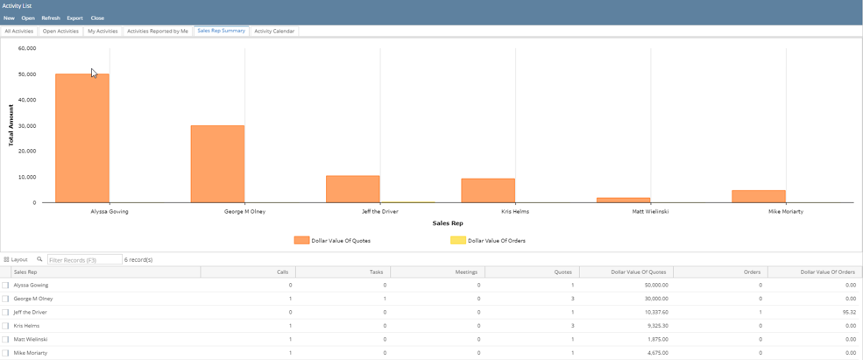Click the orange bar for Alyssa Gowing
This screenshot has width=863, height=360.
(x=82, y=138)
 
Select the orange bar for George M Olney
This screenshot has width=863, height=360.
(x=217, y=164)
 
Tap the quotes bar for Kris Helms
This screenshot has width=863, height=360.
(x=488, y=190)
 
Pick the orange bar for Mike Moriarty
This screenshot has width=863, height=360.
(x=759, y=196)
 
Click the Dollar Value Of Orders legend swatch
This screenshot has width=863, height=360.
(x=458, y=240)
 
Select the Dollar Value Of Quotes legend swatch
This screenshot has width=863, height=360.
(x=301, y=240)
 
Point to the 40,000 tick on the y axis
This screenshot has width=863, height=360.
(x=27, y=100)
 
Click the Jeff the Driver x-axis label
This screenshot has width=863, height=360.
(x=379, y=211)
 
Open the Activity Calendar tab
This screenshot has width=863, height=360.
(x=274, y=32)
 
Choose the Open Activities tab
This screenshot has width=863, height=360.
(x=60, y=32)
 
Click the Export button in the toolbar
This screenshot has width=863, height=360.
(x=74, y=18)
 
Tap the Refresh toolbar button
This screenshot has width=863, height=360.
(x=51, y=18)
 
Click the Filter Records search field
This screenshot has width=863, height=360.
(x=85, y=260)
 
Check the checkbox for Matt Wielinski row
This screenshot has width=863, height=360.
(x=5, y=339)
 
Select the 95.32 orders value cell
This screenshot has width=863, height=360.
(x=813, y=312)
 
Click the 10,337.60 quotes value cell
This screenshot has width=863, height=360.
(x=626, y=312)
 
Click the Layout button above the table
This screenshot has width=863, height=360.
(x=16, y=259)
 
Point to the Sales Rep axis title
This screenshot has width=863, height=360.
(x=447, y=223)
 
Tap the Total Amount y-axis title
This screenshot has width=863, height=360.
(x=11, y=125)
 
